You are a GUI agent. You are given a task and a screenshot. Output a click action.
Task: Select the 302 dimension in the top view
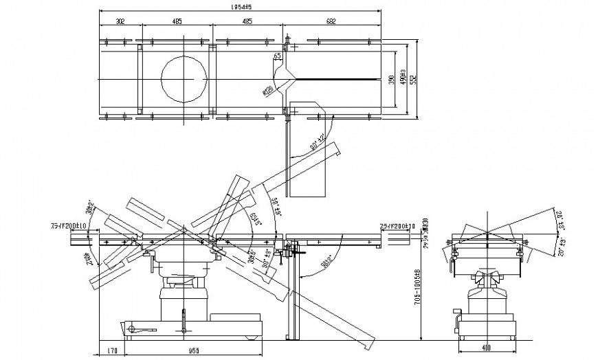[120, 21]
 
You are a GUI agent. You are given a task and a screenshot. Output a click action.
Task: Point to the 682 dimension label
[331, 21]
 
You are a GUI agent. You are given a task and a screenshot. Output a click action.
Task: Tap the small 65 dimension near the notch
[277, 56]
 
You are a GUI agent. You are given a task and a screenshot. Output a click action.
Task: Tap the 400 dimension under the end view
[486, 349]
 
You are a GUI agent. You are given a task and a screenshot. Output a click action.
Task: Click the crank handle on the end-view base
[456, 320]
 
